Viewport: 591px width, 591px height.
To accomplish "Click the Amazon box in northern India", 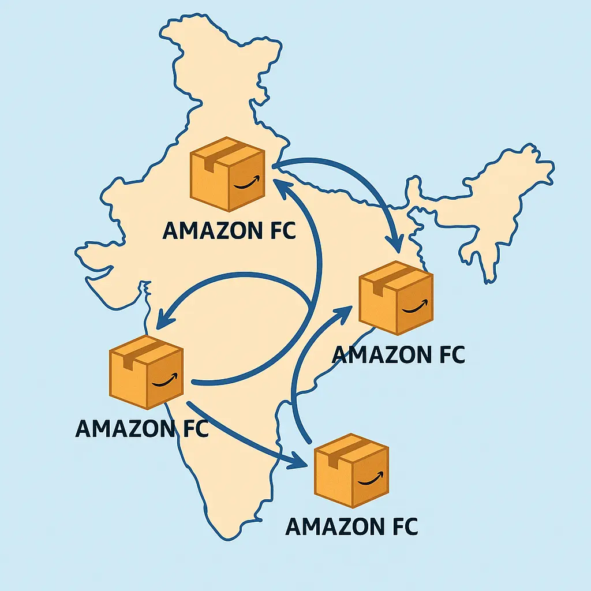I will click(x=227, y=174).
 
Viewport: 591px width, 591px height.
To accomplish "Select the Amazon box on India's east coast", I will click(x=396, y=298).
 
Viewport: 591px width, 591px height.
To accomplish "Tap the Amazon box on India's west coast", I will click(x=146, y=372).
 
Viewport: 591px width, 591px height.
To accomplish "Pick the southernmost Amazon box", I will click(x=351, y=471).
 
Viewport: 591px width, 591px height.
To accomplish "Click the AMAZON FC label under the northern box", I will click(x=229, y=230).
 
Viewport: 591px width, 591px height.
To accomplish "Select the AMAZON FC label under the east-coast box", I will click(x=398, y=354).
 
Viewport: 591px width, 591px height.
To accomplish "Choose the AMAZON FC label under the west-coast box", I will click(x=141, y=429).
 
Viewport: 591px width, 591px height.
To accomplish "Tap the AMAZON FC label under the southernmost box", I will click(x=351, y=526).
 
